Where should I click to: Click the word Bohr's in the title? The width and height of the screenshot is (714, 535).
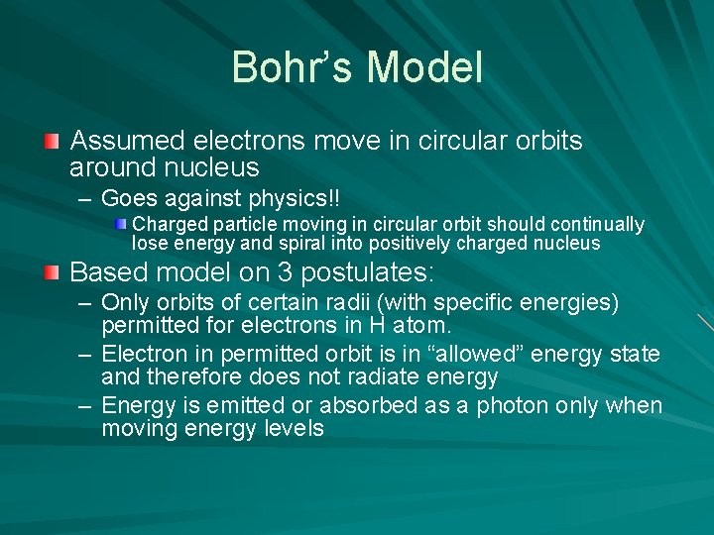tap(293, 68)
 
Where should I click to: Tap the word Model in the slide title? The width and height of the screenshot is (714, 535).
tap(424, 68)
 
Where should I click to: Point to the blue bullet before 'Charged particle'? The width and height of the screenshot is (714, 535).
tap(120, 225)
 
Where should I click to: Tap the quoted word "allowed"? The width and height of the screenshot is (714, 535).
tap(475, 354)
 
